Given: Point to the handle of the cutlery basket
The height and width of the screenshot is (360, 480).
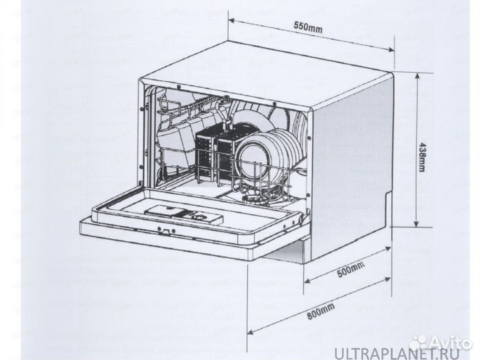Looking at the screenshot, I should point(227,123).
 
